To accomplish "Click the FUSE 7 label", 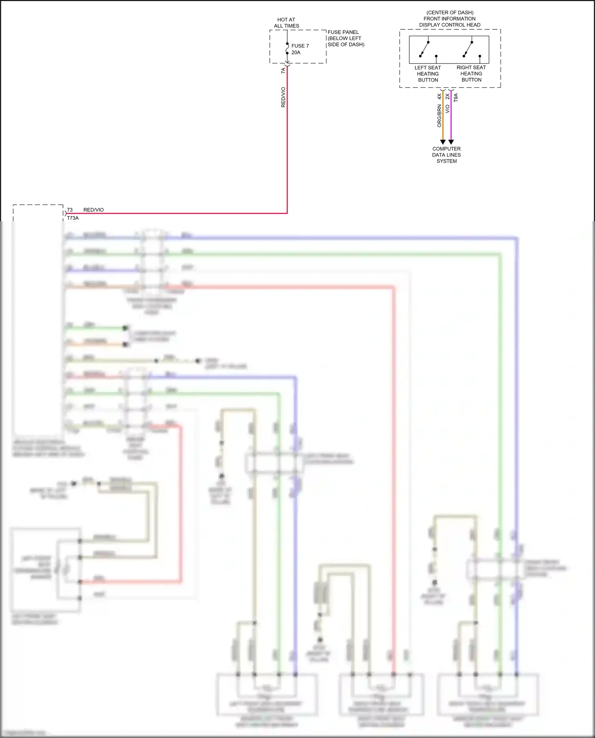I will (x=300, y=46).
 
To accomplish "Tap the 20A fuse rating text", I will (x=296, y=53).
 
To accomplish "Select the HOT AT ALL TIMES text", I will (x=286, y=23).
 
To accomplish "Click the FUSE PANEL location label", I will (x=345, y=38).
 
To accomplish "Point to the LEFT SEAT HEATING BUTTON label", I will (x=428, y=74).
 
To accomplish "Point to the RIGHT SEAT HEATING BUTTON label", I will (x=471, y=74).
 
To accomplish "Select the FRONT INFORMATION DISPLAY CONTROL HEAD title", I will (x=450, y=19).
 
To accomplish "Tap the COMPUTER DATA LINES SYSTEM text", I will (x=447, y=155).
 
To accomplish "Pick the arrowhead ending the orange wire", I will (x=443, y=142).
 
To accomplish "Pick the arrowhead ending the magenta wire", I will (x=451, y=142).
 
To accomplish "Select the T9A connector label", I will (x=456, y=98).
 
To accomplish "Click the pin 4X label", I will (x=439, y=96).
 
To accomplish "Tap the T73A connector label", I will (x=73, y=218).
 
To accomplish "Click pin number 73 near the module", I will (x=70, y=210).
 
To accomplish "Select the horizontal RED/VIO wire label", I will (x=94, y=210).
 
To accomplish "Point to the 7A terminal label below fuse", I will (x=283, y=71).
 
